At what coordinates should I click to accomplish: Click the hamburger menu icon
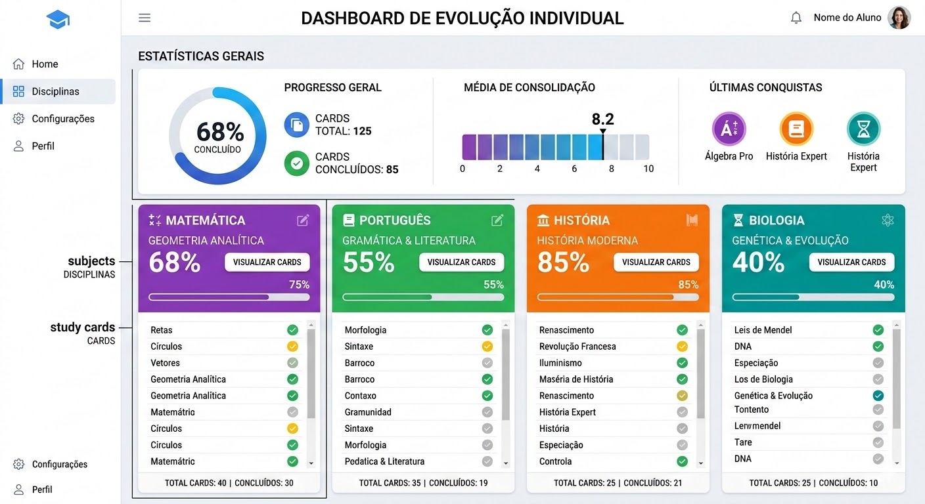(x=145, y=18)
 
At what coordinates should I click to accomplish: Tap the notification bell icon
(x=796, y=18)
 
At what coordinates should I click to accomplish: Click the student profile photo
(x=899, y=18)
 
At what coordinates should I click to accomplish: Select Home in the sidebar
(x=45, y=64)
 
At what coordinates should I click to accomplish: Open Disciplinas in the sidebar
(x=56, y=91)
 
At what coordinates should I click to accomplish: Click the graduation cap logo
(x=58, y=20)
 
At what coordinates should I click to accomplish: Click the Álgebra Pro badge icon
(x=729, y=129)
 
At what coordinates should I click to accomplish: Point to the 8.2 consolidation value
(x=602, y=119)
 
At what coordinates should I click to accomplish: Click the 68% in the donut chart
(x=219, y=133)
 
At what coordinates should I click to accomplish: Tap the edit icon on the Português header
(x=497, y=220)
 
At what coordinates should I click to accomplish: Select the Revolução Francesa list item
(x=577, y=346)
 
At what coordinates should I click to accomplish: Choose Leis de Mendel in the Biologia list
(x=763, y=330)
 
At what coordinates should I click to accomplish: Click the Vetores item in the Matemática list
(x=165, y=363)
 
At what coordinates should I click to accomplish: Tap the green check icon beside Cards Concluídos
(x=296, y=163)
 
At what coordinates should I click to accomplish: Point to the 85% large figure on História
(x=562, y=262)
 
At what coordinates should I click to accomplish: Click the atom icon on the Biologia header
(x=888, y=220)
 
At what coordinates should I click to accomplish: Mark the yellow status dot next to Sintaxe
(x=487, y=346)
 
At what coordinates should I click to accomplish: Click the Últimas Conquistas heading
(x=765, y=87)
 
